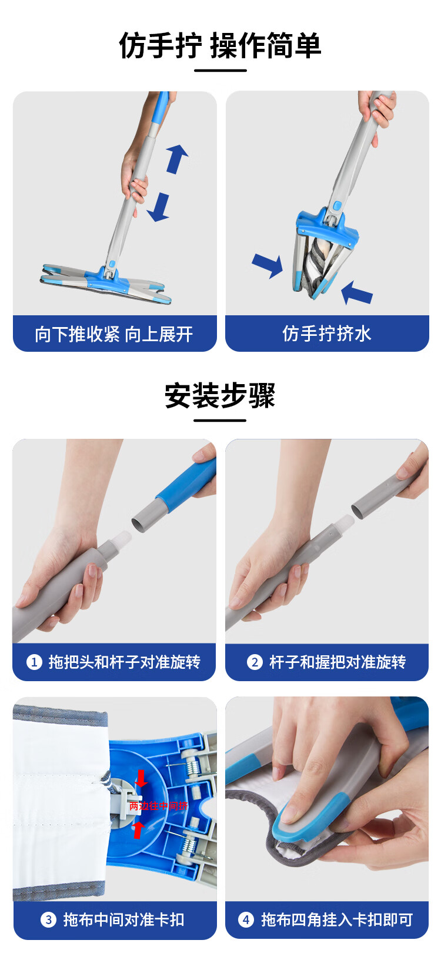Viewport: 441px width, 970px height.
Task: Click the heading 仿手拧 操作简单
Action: click(x=220, y=45)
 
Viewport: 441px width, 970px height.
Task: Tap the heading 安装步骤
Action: click(x=220, y=395)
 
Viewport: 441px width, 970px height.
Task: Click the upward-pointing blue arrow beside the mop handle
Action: click(x=177, y=159)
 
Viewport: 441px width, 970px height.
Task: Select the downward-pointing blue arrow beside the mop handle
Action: click(x=158, y=208)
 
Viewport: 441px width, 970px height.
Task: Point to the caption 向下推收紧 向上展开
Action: click(x=114, y=334)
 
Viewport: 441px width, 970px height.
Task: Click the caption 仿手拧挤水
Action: click(x=327, y=334)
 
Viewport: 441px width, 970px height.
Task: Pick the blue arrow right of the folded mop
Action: click(x=357, y=293)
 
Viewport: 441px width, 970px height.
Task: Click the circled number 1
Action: click(x=34, y=662)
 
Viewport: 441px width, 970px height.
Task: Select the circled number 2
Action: click(x=255, y=662)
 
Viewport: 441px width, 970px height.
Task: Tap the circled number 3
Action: click(x=48, y=919)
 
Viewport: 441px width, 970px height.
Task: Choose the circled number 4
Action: click(x=246, y=919)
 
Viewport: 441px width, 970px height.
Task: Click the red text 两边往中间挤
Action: click(x=158, y=806)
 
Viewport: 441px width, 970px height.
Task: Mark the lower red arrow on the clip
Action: click(x=138, y=829)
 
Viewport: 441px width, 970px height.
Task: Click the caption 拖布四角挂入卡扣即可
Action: click(x=337, y=919)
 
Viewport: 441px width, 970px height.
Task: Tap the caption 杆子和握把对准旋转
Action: click(x=338, y=662)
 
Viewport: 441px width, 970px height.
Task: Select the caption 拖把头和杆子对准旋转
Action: click(x=125, y=662)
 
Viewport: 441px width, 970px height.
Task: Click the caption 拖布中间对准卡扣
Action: click(x=124, y=919)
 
